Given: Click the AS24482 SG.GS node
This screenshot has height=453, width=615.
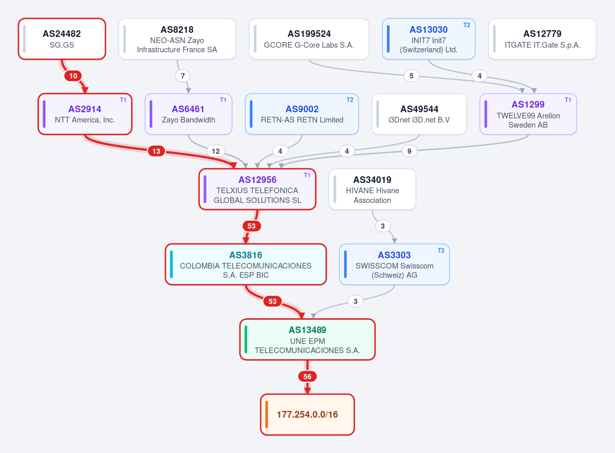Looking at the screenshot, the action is point(62,39).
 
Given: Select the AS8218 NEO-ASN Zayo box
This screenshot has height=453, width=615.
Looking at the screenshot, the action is point(177,39).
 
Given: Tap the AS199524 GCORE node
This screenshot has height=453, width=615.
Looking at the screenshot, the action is point(309,39).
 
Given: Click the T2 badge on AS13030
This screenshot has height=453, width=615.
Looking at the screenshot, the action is point(467,25).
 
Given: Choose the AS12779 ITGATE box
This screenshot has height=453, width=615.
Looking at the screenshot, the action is point(542,39).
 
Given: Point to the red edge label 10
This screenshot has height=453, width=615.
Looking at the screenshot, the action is point(73,76).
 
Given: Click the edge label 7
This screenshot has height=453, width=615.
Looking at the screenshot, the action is point(183,76).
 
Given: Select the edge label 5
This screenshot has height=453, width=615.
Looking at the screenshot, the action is point(411,76).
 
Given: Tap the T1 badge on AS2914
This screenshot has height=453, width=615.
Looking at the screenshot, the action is point(123,100).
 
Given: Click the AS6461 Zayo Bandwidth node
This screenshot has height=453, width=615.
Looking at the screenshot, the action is point(189,114).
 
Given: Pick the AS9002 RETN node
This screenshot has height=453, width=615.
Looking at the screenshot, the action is point(302,114).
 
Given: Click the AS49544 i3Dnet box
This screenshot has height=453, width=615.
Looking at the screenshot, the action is point(419,114).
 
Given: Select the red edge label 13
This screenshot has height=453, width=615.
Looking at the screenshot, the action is point(156,151).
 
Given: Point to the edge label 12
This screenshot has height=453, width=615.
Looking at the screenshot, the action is point(216,151).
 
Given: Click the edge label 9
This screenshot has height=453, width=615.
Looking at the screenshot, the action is point(409,151).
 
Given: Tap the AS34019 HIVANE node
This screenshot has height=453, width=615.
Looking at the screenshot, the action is point(372,189).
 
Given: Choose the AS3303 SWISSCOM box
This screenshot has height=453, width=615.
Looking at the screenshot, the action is point(394,264).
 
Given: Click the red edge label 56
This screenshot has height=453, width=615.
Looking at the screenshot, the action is point(307,377).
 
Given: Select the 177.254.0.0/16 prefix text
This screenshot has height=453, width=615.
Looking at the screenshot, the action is point(307,414).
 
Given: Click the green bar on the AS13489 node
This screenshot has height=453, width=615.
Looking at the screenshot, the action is point(245,339).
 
